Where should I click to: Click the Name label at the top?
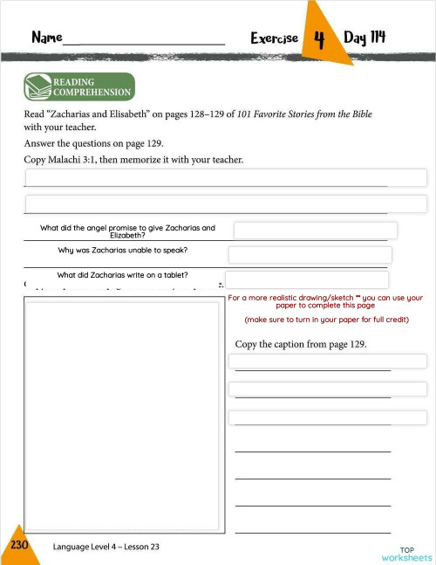coord(46,38)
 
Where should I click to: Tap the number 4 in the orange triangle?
coord(319,39)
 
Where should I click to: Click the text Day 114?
coord(364,38)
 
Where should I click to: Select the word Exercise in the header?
coord(274,38)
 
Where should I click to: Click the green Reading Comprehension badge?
coord(78,87)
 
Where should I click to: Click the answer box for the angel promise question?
coord(315,231)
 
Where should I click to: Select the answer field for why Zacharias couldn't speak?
coord(310,255)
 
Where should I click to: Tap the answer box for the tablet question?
coord(307,279)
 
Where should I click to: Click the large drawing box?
coord(122,415)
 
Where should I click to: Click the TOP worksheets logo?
coord(405,553)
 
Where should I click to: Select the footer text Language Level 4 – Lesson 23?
coord(106,547)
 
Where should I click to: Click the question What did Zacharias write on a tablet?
coord(123,275)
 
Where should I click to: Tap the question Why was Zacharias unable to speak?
coord(123,250)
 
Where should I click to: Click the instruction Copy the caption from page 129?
coord(301,344)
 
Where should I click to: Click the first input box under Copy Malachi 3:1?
coord(225,177)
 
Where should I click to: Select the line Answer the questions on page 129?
coord(93,143)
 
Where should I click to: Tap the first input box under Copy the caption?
coord(327,361)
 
